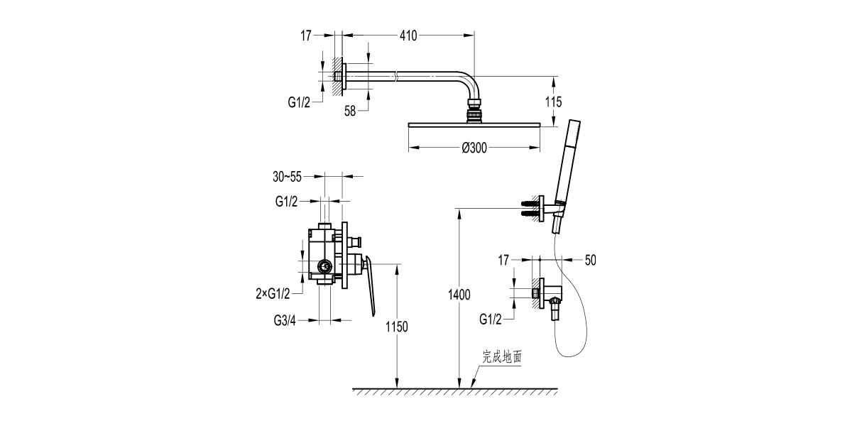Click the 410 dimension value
click(408, 34)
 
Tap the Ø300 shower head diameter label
click(474, 148)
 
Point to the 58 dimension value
click(351, 110)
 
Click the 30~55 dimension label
click(296, 176)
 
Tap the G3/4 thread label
click(285, 320)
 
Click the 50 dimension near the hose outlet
click(590, 261)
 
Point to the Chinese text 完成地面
click(502, 357)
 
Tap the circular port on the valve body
click(324, 268)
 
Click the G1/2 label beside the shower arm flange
click(299, 102)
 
